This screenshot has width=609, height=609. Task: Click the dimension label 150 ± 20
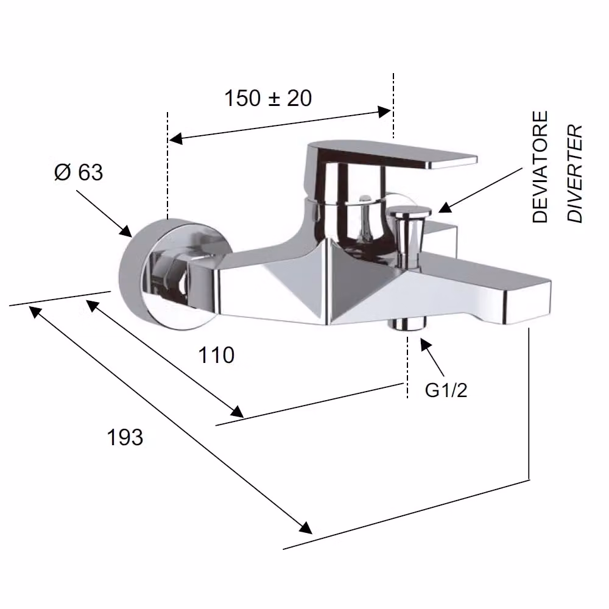point(268,98)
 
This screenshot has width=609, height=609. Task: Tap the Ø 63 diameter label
point(79,172)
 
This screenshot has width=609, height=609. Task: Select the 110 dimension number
point(216,355)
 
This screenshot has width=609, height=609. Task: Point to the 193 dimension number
point(125,437)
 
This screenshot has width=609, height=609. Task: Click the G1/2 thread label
point(446,390)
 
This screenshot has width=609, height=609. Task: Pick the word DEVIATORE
point(540,167)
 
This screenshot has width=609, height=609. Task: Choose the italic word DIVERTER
point(575,174)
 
